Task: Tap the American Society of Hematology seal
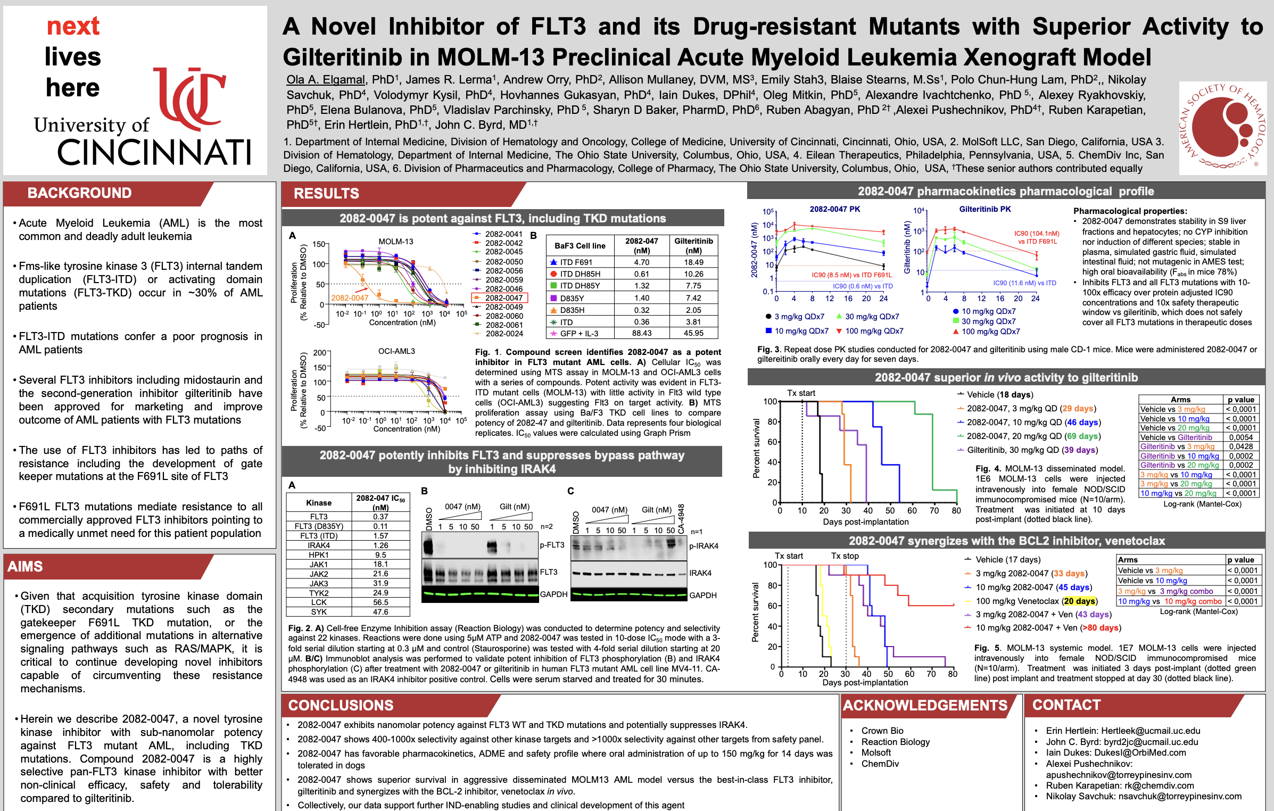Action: [1222, 128]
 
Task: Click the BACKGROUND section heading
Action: [79, 193]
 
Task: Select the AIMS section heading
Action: [25, 567]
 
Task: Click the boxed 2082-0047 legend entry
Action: [500, 298]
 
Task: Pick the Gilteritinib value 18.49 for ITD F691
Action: [693, 262]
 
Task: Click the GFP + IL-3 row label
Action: [579, 334]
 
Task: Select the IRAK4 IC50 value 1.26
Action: [380, 545]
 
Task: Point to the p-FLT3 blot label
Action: [552, 545]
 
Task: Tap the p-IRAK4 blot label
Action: [704, 546]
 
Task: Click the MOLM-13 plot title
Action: [395, 242]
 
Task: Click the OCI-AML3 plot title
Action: [396, 351]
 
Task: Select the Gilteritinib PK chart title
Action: [985, 209]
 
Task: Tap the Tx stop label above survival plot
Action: [845, 556]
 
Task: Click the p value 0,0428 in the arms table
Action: [1240, 446]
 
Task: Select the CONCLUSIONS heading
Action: [341, 706]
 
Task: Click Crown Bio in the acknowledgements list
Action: [882, 731]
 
